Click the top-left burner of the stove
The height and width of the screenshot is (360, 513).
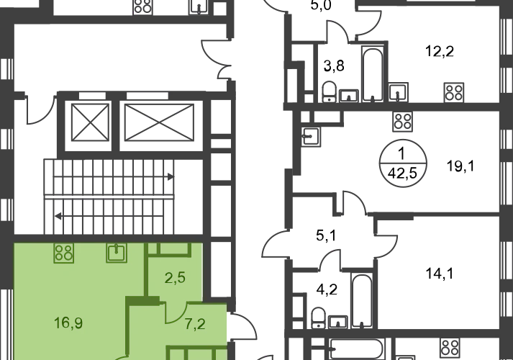[x=60, y=248]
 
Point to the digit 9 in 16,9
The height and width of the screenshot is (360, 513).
[x=79, y=322]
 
